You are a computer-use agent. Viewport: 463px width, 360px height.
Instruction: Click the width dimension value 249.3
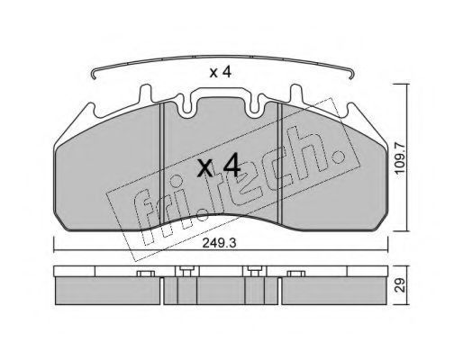[219, 243]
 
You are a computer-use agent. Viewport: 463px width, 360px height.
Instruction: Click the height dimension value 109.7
[400, 159]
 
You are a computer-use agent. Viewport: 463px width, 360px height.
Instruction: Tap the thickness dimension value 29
[400, 284]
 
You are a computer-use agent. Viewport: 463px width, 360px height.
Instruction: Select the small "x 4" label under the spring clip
[221, 72]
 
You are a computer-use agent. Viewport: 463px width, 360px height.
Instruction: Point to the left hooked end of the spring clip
[94, 75]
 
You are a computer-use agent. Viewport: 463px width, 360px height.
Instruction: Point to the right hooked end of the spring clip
[352, 75]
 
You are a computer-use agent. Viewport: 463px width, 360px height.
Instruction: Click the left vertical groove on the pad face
[162, 164]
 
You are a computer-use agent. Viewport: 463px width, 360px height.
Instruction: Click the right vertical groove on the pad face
[280, 164]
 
